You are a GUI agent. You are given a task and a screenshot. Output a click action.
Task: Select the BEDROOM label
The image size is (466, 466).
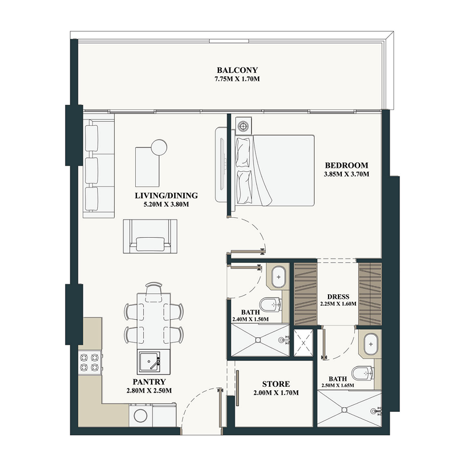tap(347, 164)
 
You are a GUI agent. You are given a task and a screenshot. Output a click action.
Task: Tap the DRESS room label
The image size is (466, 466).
tap(338, 295)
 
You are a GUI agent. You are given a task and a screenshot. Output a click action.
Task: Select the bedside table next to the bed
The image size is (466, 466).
tap(243, 125)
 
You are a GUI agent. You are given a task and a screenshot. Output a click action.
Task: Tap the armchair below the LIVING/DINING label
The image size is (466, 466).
tap(150, 236)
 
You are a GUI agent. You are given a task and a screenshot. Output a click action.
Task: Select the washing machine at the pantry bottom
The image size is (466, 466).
tap(142, 415)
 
